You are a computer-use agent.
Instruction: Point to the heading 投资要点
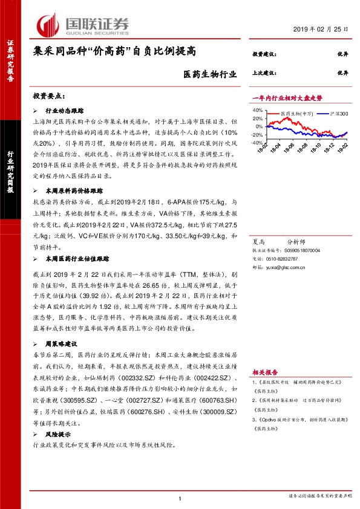pyautogui.click(x=49, y=96)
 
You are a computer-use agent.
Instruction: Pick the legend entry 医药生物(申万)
pyautogui.click(x=296, y=113)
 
